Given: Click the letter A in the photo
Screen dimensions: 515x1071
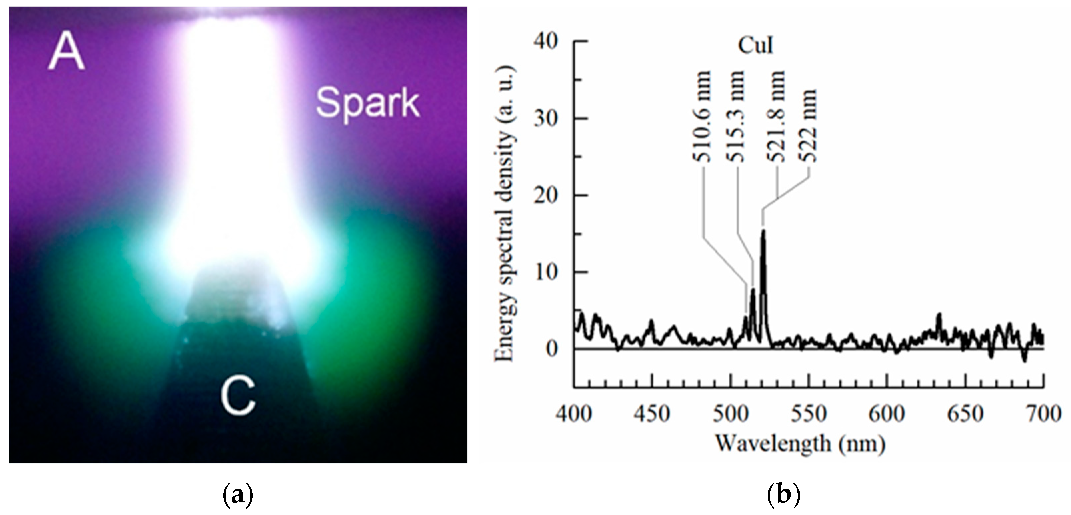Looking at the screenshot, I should point(67,53).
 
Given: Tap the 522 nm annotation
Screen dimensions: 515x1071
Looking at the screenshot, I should point(809,125).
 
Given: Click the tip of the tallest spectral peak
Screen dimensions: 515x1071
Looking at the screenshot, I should point(763,231).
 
